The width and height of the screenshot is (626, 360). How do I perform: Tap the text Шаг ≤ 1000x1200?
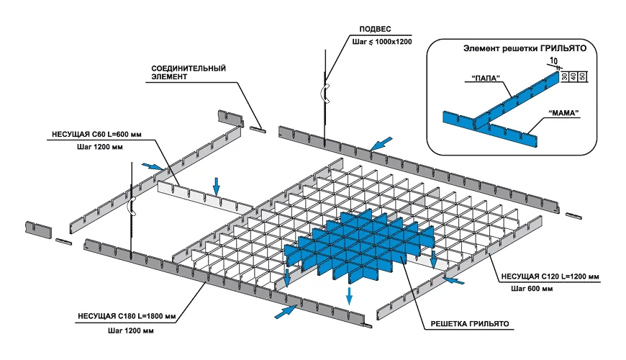click(x=381, y=42)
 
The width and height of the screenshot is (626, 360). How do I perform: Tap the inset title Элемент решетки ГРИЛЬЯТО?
click(x=522, y=49)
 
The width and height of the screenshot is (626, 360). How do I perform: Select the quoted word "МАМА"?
click(x=563, y=113)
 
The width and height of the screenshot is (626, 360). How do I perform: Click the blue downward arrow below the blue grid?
click(x=350, y=295)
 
